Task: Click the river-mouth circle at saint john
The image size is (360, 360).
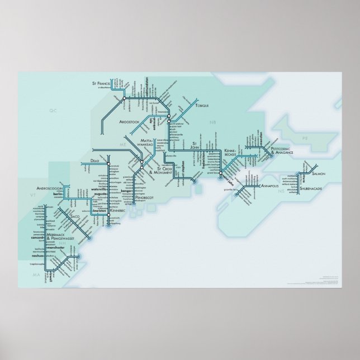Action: click(221, 176)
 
